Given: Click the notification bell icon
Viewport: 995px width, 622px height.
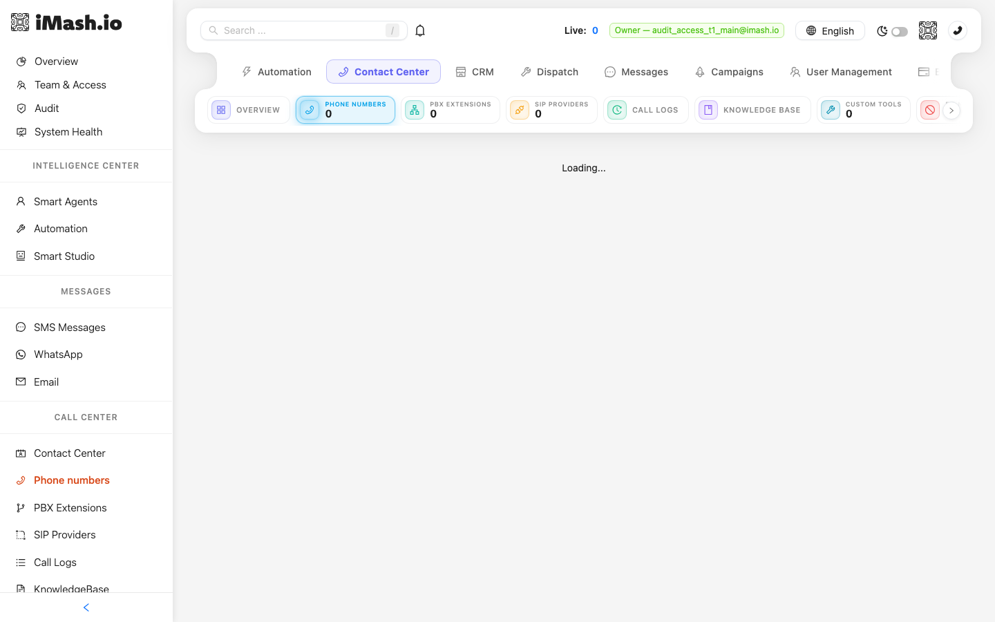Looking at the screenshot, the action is [x=420, y=30].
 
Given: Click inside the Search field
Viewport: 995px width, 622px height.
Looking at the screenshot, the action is [x=303, y=30].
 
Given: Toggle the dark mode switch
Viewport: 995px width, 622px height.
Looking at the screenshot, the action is [x=899, y=32].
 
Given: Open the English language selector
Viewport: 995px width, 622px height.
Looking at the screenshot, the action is [x=830, y=30].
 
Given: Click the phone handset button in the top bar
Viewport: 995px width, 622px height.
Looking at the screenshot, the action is [x=957, y=30].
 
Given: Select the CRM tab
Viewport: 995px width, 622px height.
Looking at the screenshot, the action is [x=475, y=72].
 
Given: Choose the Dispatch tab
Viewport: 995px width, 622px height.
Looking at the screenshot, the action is [x=549, y=72].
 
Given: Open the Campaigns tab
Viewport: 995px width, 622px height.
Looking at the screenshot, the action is [x=729, y=72].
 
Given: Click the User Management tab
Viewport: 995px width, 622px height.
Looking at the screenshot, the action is [x=840, y=72].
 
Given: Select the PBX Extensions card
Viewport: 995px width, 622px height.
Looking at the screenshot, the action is [x=450, y=110].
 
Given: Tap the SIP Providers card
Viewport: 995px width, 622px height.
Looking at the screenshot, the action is [x=551, y=110].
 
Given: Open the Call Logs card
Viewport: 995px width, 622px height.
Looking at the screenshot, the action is [x=645, y=110].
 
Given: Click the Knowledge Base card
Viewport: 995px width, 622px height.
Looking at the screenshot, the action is [x=752, y=110].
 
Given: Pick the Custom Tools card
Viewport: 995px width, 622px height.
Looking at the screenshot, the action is [x=863, y=110].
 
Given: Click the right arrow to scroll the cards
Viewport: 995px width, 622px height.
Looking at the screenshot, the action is [x=951, y=110].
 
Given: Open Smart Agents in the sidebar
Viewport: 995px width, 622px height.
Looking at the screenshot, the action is [x=65, y=202].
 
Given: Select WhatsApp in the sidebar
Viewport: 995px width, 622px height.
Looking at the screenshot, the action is [x=58, y=355].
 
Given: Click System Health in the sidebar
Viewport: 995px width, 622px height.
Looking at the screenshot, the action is [x=68, y=132].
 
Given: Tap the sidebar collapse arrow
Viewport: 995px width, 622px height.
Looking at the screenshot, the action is [x=86, y=607].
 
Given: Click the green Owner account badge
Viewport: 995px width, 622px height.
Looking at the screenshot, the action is [x=696, y=30].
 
